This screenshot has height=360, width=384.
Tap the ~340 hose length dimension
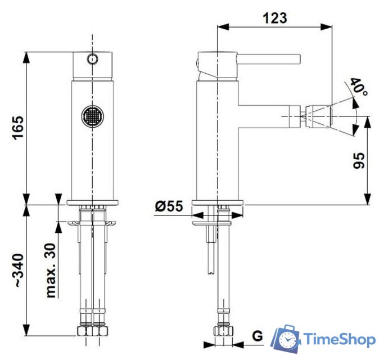17,271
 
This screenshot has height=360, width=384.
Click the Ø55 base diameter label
169,206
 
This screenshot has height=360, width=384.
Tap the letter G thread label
257,336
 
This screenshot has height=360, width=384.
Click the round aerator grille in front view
92,116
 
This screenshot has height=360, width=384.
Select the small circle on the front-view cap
92,58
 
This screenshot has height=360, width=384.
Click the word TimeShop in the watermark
339,339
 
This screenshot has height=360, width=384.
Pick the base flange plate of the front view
92,202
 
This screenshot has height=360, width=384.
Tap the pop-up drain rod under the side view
210,253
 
